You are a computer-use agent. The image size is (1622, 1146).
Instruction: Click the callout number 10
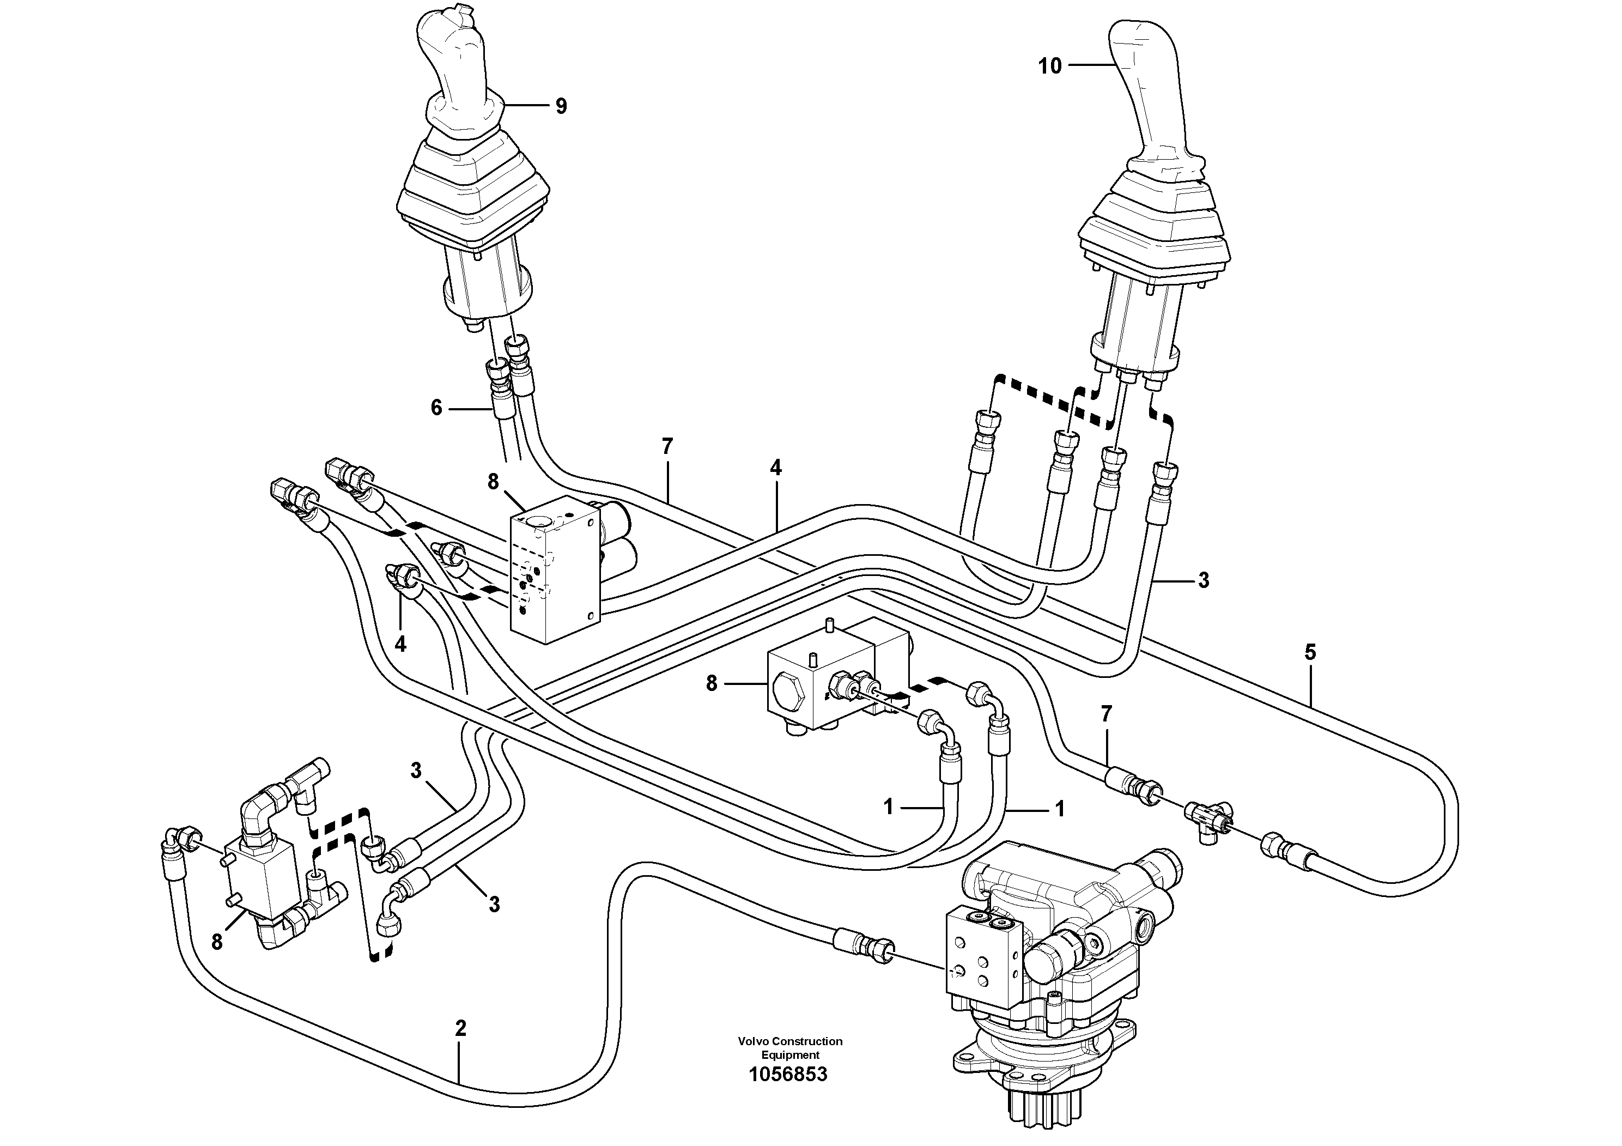point(1050,66)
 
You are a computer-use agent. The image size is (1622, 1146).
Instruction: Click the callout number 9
point(561,107)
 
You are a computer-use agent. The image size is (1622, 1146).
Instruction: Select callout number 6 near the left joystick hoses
point(436,408)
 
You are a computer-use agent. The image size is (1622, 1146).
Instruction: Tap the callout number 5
point(1310,652)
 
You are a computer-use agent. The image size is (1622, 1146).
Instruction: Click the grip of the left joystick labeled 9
point(459,71)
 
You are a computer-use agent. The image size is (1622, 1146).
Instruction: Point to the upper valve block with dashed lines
point(555,569)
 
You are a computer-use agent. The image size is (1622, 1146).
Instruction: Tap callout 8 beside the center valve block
point(712,683)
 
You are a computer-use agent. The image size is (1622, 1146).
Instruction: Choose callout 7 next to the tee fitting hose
point(1106,714)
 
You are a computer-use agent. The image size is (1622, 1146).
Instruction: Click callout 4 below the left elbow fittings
point(400,644)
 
